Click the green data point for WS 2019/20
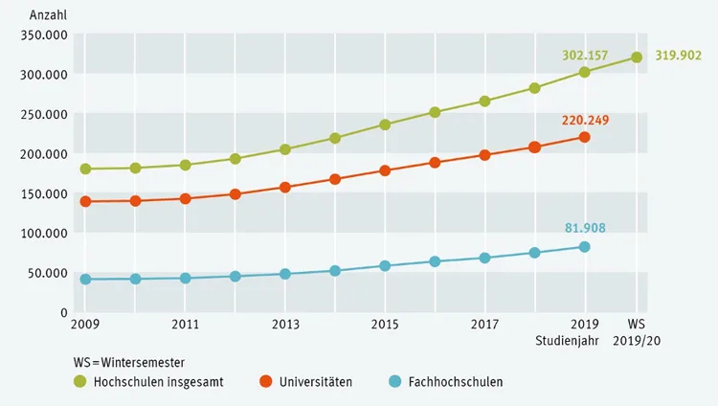pyautogui.click(x=637, y=57)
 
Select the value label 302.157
pyautogui.click(x=585, y=56)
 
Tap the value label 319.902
pyautogui.click(x=678, y=56)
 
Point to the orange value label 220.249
pyautogui.click(x=585, y=121)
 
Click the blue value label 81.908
pyautogui.click(x=585, y=228)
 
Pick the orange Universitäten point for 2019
pyautogui.click(x=584, y=137)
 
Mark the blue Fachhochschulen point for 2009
pyautogui.click(x=85, y=279)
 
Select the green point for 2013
pyautogui.click(x=285, y=149)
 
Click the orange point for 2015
pyautogui.click(x=385, y=171)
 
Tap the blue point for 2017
pyautogui.click(x=484, y=258)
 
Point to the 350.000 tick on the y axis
pyautogui.click(x=44, y=35)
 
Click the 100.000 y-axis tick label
pyautogui.click(x=44, y=234)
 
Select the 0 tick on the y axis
pyautogui.click(x=64, y=312)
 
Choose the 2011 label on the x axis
pyautogui.click(x=185, y=325)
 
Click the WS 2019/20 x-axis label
pyautogui.click(x=637, y=332)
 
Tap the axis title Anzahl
pyautogui.click(x=48, y=15)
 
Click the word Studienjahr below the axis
pyautogui.click(x=567, y=341)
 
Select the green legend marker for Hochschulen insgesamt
pyautogui.click(x=80, y=381)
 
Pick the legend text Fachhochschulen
pyautogui.click(x=456, y=382)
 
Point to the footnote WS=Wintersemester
pyautogui.click(x=129, y=363)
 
